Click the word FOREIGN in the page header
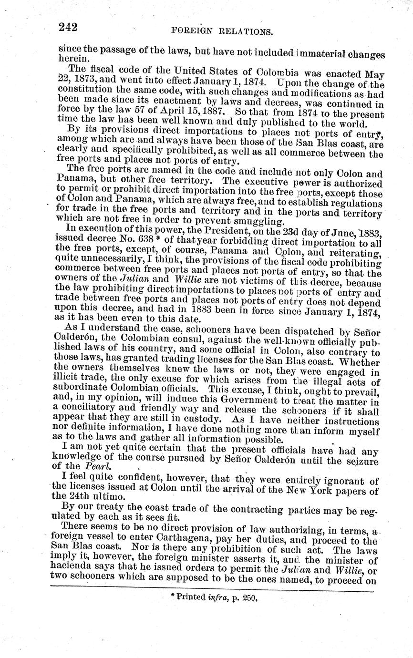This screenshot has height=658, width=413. [190, 31]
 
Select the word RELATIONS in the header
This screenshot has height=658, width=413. [246, 32]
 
